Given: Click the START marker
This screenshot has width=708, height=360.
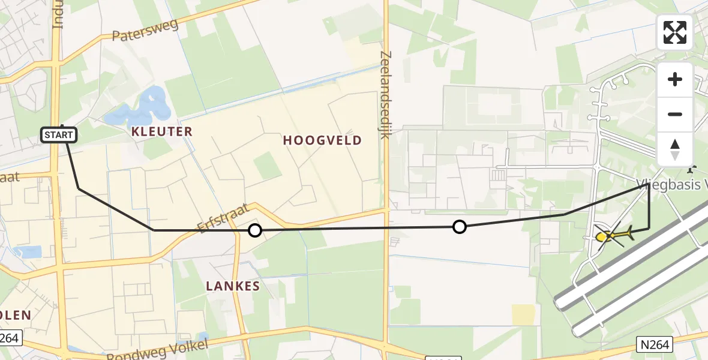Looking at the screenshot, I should click(59, 135).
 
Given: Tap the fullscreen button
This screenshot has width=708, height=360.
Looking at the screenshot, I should click(675, 32).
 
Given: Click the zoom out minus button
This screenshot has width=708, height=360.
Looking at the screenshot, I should click(675, 114).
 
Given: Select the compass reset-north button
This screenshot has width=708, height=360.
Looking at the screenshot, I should click(675, 149).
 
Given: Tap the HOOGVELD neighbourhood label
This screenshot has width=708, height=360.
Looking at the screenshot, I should click(322, 140).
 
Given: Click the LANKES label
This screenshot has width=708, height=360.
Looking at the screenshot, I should click(233, 286).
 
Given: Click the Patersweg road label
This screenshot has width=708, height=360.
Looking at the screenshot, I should click(146, 29).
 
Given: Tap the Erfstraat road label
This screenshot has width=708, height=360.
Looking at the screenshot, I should click(223, 217).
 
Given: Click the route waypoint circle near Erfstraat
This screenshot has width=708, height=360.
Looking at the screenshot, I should click(255, 230).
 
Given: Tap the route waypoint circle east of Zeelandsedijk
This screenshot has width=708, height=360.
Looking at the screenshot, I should click(459, 226).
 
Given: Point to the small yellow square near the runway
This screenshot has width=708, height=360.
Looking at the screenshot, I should click(523, 314).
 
